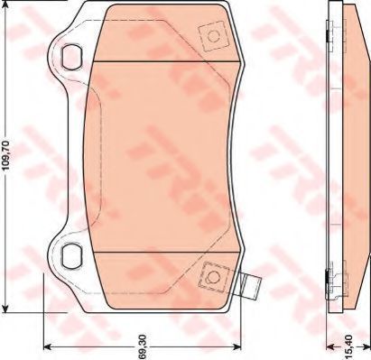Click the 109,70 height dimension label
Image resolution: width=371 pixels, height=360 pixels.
(7, 156)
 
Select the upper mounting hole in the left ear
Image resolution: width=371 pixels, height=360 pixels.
(71, 57)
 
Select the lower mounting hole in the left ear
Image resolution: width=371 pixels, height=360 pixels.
(71, 255)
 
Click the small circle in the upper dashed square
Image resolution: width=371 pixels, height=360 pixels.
(214, 37)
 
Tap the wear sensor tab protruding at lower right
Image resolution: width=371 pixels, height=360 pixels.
(250, 286)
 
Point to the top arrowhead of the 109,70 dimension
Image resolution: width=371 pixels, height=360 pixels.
(5, 5)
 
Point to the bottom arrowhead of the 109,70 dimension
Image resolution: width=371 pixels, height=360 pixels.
(5, 308)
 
